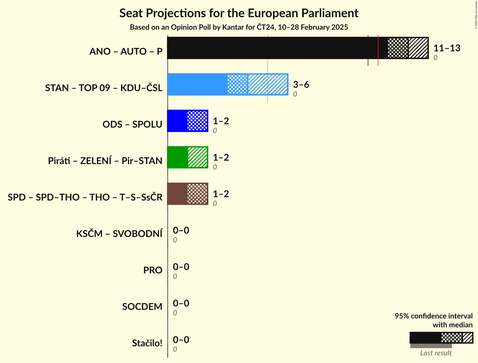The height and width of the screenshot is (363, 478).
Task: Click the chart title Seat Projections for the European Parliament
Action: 239,13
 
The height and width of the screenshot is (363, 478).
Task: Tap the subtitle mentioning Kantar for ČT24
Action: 239,27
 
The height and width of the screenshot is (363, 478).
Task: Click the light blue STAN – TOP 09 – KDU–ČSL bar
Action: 198,84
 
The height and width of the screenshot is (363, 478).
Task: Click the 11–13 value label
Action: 447,48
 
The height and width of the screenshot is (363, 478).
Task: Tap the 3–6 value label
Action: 301,85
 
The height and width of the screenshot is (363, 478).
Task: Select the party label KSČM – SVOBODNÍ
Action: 119,234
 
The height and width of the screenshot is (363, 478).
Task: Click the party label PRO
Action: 153,270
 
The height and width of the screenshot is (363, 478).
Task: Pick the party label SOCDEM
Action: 142,306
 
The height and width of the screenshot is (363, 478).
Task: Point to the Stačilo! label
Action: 147,343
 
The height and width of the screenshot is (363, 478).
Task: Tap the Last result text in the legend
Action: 436,353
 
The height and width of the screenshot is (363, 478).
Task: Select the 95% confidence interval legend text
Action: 433,316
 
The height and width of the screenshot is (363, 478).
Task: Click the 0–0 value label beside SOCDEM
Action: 181,303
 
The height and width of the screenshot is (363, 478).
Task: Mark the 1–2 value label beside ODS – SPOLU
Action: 221,121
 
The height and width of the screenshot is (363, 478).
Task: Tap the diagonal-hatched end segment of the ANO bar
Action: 418,48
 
